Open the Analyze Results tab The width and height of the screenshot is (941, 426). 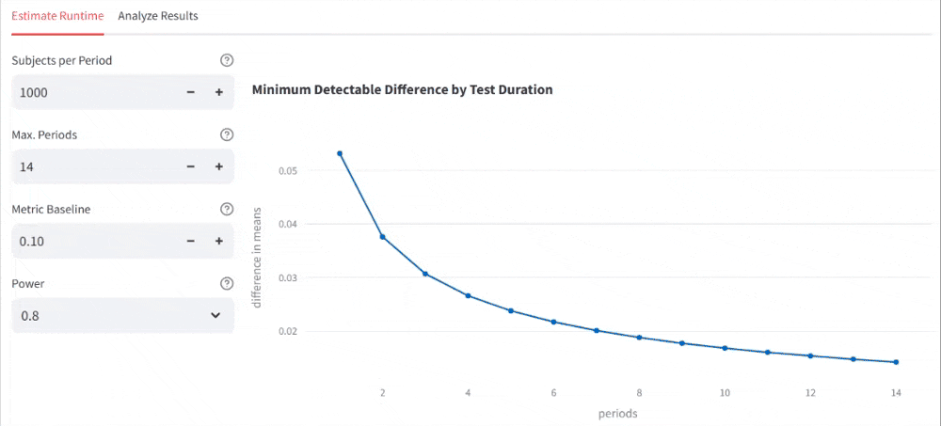pos(158,16)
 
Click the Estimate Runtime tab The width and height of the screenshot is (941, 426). pos(57,16)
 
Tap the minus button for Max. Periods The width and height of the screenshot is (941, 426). pos(190,166)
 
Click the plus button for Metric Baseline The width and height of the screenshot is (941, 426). pos(218,241)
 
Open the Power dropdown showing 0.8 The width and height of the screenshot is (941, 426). pos(122,316)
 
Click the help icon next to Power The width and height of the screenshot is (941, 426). pos(226,284)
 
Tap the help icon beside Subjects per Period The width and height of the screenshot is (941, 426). pos(226,61)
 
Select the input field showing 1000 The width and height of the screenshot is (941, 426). pos(94,92)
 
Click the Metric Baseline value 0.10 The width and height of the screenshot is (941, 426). pos(94,241)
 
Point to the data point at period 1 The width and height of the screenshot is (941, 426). pos(340,153)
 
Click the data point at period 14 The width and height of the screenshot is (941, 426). pos(896,362)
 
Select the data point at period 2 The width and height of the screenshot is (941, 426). pos(383,237)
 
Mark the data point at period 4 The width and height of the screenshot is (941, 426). pos(468,295)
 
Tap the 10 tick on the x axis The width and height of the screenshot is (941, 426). pos(724,391)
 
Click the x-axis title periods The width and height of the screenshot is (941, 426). pos(617,413)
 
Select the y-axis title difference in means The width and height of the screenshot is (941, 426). pos(256,257)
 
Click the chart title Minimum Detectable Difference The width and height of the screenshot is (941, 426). pos(402,90)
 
